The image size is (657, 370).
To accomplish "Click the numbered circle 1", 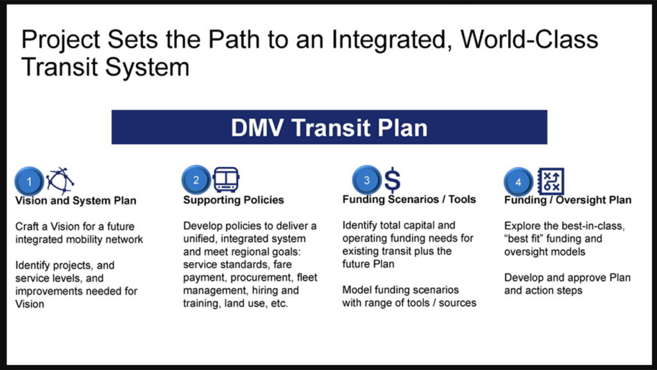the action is pos(29,181).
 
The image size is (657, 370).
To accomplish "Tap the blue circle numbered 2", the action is pos(196,180).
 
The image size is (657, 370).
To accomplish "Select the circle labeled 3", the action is pos(366,180).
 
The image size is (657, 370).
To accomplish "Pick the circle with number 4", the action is pos(518,182).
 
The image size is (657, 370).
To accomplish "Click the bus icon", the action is pos(226,180).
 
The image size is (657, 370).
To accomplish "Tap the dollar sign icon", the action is pos(392,180).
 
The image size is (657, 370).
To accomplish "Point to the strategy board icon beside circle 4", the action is pos(550,181).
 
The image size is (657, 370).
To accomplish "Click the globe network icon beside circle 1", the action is pos(60,181).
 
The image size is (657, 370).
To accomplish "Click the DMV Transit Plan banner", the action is pos(329,127).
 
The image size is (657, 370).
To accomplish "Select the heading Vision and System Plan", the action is pos(76,200).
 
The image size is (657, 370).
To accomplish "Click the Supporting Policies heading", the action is pos(234,200).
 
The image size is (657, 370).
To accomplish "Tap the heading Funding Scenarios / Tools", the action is pos(409,199).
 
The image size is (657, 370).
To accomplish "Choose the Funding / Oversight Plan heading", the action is pos(568,200).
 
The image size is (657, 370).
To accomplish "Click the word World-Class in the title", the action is pos(529,39).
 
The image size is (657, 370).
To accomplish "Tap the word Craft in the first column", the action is pos(27,227).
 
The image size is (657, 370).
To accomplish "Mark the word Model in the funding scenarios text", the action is pos(357,290).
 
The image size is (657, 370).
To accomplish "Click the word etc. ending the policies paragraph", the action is pos(280,303).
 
